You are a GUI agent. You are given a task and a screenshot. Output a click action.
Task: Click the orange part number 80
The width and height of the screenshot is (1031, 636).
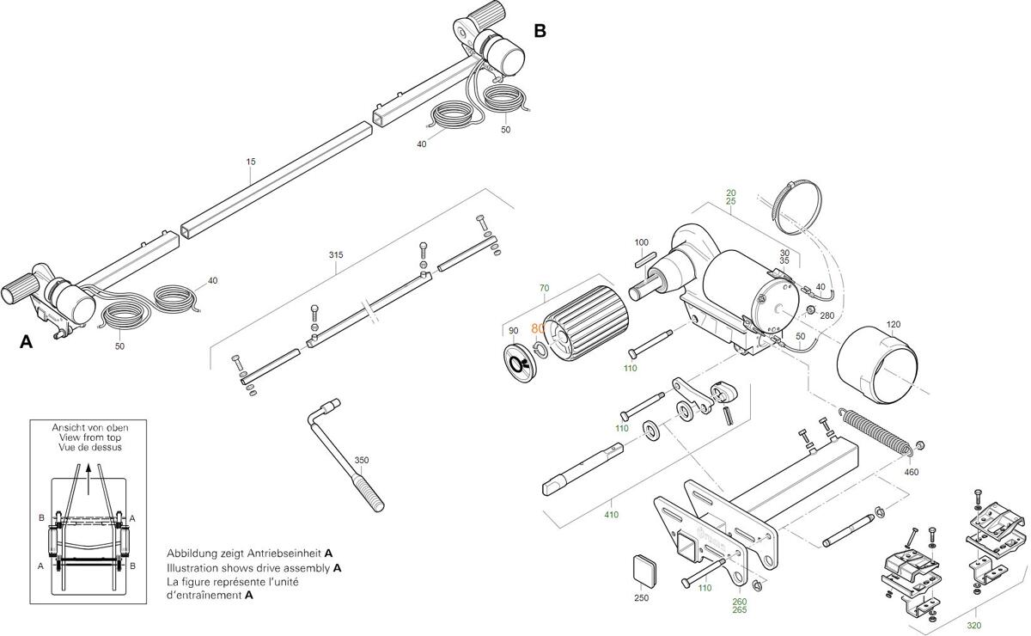[539, 328]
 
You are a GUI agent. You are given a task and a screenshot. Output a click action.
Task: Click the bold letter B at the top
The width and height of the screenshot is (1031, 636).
[540, 31]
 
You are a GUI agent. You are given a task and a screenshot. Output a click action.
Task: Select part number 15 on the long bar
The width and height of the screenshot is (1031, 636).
[251, 162]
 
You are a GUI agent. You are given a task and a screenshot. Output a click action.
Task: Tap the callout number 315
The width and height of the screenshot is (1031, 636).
[336, 255]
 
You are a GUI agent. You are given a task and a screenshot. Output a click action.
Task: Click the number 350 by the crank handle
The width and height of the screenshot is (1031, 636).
[362, 461]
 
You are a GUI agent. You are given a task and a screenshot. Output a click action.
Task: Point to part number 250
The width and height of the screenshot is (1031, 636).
[641, 597]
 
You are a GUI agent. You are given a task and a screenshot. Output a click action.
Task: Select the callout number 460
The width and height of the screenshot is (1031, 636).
[911, 472]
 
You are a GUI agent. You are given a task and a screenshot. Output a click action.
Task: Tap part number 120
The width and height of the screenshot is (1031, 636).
[894, 324]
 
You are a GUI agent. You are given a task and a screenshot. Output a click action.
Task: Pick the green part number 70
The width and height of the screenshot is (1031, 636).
[544, 288]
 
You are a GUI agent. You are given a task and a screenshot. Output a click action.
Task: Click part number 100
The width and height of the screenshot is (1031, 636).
[642, 242]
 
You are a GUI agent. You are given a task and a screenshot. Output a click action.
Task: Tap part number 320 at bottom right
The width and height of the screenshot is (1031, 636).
[973, 626]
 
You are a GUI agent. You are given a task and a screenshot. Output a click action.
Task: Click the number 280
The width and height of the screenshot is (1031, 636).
[827, 315]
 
